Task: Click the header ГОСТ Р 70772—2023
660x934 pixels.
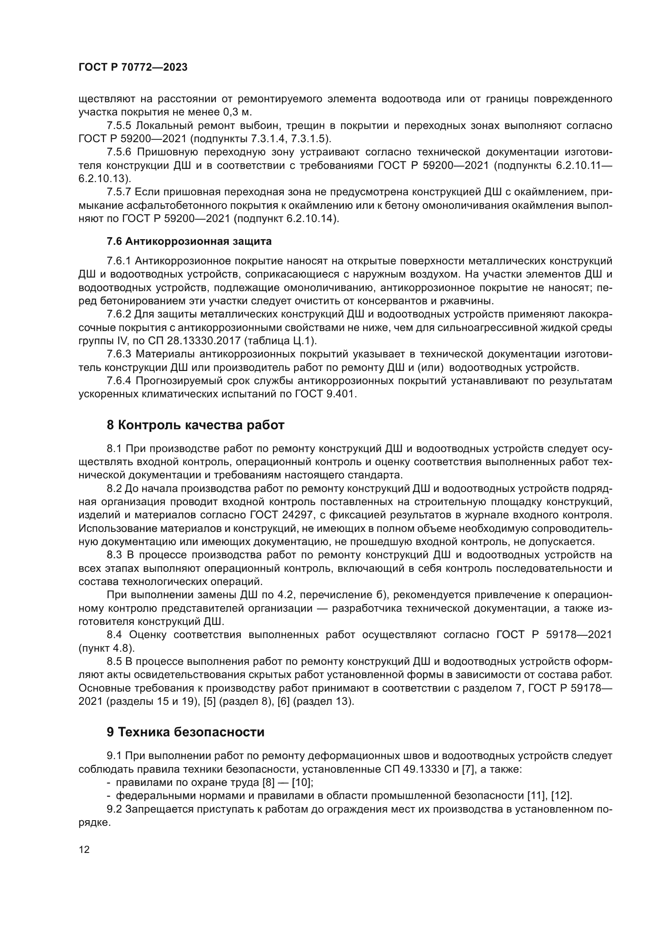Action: click(x=133, y=67)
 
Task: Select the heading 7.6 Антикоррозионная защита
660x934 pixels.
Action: click(x=189, y=242)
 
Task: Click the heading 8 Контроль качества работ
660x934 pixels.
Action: click(x=195, y=425)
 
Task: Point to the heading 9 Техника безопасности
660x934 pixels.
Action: click(x=185, y=732)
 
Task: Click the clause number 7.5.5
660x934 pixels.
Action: click(x=119, y=125)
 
